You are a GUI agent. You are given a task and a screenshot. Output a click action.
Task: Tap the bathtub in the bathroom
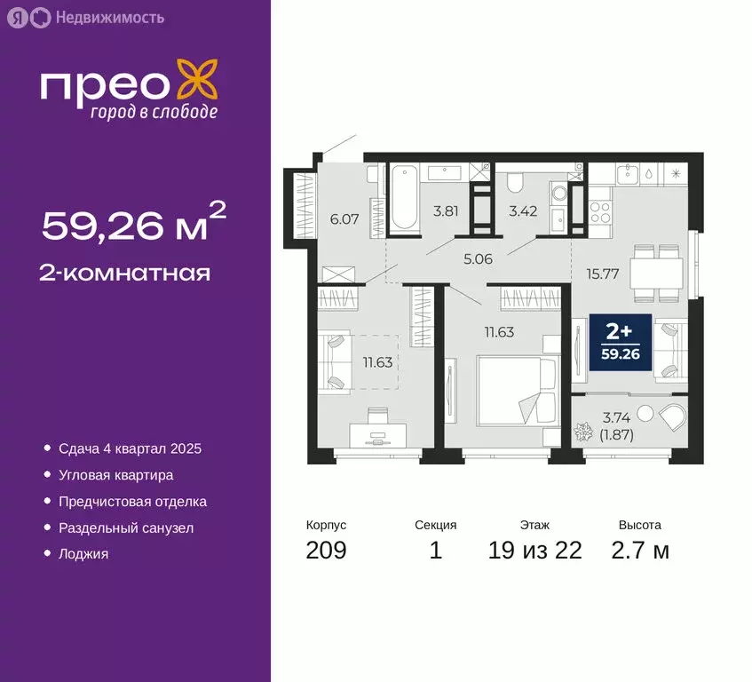404,197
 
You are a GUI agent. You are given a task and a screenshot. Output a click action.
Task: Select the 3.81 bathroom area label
445,212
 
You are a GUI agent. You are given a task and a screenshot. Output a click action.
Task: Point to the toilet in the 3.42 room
514,183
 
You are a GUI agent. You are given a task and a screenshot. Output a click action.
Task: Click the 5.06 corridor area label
479,262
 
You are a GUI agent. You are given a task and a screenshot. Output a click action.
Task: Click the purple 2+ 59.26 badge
618,342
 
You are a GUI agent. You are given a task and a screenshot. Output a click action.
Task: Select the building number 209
326,551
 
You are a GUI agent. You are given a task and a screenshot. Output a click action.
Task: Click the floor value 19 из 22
534,551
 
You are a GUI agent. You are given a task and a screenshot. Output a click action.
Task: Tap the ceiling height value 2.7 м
639,551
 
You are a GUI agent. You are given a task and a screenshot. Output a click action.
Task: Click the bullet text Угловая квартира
115,475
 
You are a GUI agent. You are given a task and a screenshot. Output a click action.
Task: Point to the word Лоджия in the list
83,554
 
